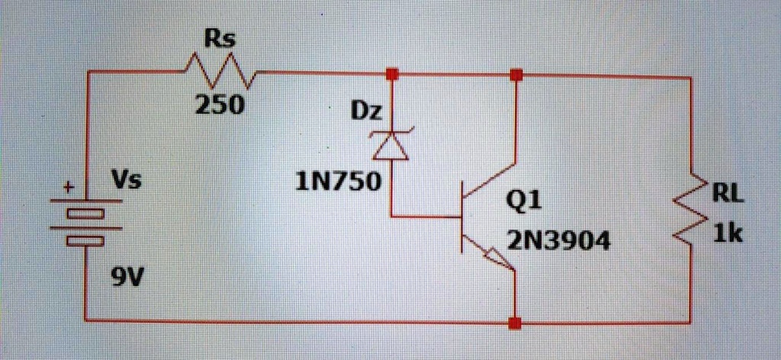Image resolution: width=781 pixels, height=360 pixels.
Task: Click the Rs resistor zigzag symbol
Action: tap(221, 72)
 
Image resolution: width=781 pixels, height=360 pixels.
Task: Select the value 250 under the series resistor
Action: tap(220, 104)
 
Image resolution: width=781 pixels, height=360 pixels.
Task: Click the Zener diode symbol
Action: tap(390, 144)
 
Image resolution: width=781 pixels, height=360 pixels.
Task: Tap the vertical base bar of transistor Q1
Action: tap(463, 217)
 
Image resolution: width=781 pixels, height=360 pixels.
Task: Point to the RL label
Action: tap(727, 194)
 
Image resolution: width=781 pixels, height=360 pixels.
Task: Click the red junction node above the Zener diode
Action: tap(392, 74)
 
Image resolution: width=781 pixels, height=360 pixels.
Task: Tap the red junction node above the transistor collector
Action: tap(516, 75)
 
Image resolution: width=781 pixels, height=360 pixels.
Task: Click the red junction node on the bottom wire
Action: tap(516, 323)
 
